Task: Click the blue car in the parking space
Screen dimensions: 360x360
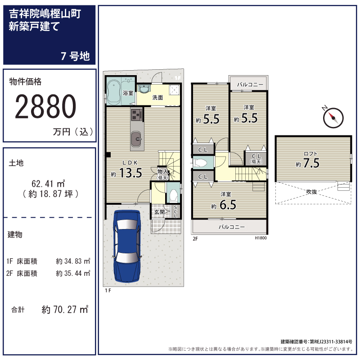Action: pyautogui.click(x=127, y=246)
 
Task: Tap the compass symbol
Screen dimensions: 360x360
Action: pyautogui.click(x=333, y=117)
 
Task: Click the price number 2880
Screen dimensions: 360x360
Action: pyautogui.click(x=45, y=107)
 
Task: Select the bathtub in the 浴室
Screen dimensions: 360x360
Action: pyautogui.click(x=114, y=92)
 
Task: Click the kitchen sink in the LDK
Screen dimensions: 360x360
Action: pyautogui.click(x=137, y=139)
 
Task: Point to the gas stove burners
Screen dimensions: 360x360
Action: pyautogui.click(x=137, y=115)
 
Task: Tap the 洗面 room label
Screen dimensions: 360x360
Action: pyautogui.click(x=157, y=98)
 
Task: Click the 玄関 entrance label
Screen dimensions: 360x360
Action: pyautogui.click(x=159, y=212)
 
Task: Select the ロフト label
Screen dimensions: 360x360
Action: pyautogui.click(x=310, y=154)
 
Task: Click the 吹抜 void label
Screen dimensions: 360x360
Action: pyautogui.click(x=311, y=192)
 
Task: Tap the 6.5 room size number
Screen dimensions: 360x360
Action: pyautogui.click(x=228, y=205)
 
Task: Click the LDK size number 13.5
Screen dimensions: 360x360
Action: pyautogui.click(x=130, y=173)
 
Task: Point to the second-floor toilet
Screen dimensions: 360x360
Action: pyautogui.click(x=200, y=163)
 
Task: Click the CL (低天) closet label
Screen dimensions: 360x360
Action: pyautogui.click(x=256, y=159)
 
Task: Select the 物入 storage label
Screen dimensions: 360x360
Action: pyautogui.click(x=163, y=171)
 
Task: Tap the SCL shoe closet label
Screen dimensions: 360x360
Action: pyautogui.click(x=175, y=211)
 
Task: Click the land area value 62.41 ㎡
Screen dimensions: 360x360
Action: pyautogui.click(x=48, y=184)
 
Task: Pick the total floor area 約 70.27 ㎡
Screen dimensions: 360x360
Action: pyautogui.click(x=65, y=310)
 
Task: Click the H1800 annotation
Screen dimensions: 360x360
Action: pyautogui.click(x=261, y=238)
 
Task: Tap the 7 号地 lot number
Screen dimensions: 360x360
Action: pyautogui.click(x=75, y=56)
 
